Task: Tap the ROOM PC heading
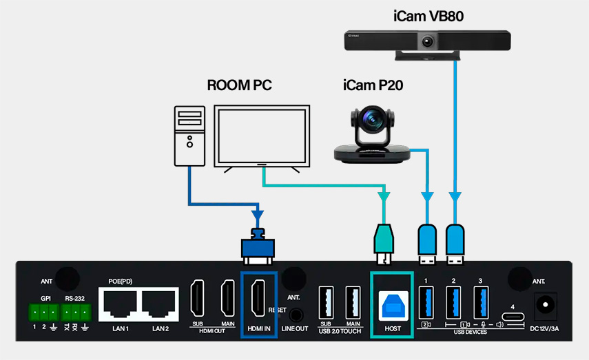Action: coord(239,86)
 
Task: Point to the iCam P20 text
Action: coord(373,86)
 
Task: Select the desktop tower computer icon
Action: coord(189,136)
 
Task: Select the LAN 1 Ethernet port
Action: coord(121,302)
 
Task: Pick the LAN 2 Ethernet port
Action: coord(161,302)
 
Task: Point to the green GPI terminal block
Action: coord(43,313)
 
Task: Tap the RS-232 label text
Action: coord(75,299)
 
